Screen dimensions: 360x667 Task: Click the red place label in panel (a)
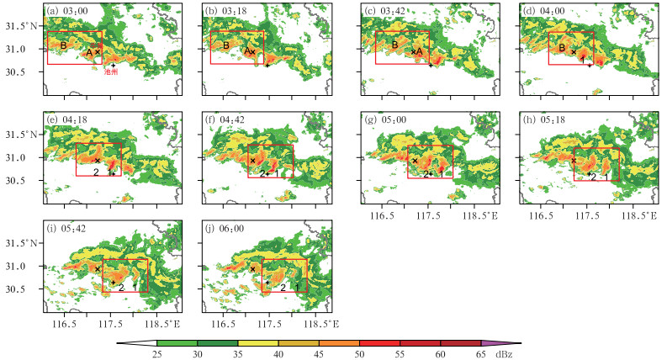click(x=110, y=73)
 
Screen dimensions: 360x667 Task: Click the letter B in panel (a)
click(x=64, y=45)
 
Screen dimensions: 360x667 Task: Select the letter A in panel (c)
click(x=419, y=51)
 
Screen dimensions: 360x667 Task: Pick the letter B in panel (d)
click(x=563, y=49)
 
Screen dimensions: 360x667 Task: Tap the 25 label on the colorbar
click(x=156, y=354)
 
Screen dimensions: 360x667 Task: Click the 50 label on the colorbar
click(x=359, y=354)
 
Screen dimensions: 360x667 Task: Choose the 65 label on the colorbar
click(x=481, y=354)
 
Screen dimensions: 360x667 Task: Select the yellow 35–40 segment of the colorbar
click(x=258, y=343)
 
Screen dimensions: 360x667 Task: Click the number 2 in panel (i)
click(x=121, y=288)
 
